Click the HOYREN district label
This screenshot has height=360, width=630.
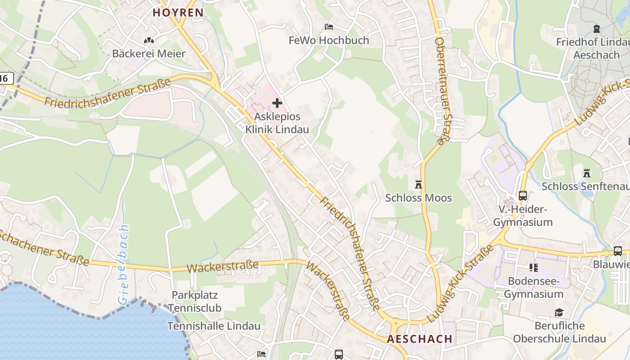[x=178, y=13]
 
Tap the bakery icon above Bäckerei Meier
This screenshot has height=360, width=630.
[x=149, y=40]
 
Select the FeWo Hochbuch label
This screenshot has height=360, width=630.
[x=328, y=40]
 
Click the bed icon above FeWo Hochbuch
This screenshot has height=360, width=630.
[x=329, y=27]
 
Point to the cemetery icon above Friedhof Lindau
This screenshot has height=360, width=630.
[x=597, y=29]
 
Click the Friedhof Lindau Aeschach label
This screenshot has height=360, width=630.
[x=592, y=49]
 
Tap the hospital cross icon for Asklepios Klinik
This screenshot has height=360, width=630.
[x=277, y=103]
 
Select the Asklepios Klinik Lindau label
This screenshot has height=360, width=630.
[x=277, y=123]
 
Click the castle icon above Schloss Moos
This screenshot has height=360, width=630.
[x=418, y=184]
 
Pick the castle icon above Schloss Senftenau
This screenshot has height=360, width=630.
[x=587, y=173]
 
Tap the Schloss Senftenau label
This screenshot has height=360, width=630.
[x=585, y=186]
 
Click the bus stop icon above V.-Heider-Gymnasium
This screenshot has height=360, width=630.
[x=522, y=196]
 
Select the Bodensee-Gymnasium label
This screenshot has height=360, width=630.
[x=534, y=288]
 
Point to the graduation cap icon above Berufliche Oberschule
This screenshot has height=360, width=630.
[x=559, y=312]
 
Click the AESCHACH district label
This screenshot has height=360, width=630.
[x=419, y=339]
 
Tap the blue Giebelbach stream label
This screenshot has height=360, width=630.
[x=123, y=265]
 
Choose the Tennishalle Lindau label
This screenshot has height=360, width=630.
[x=214, y=326]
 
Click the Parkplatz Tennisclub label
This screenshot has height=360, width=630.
[x=195, y=301]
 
